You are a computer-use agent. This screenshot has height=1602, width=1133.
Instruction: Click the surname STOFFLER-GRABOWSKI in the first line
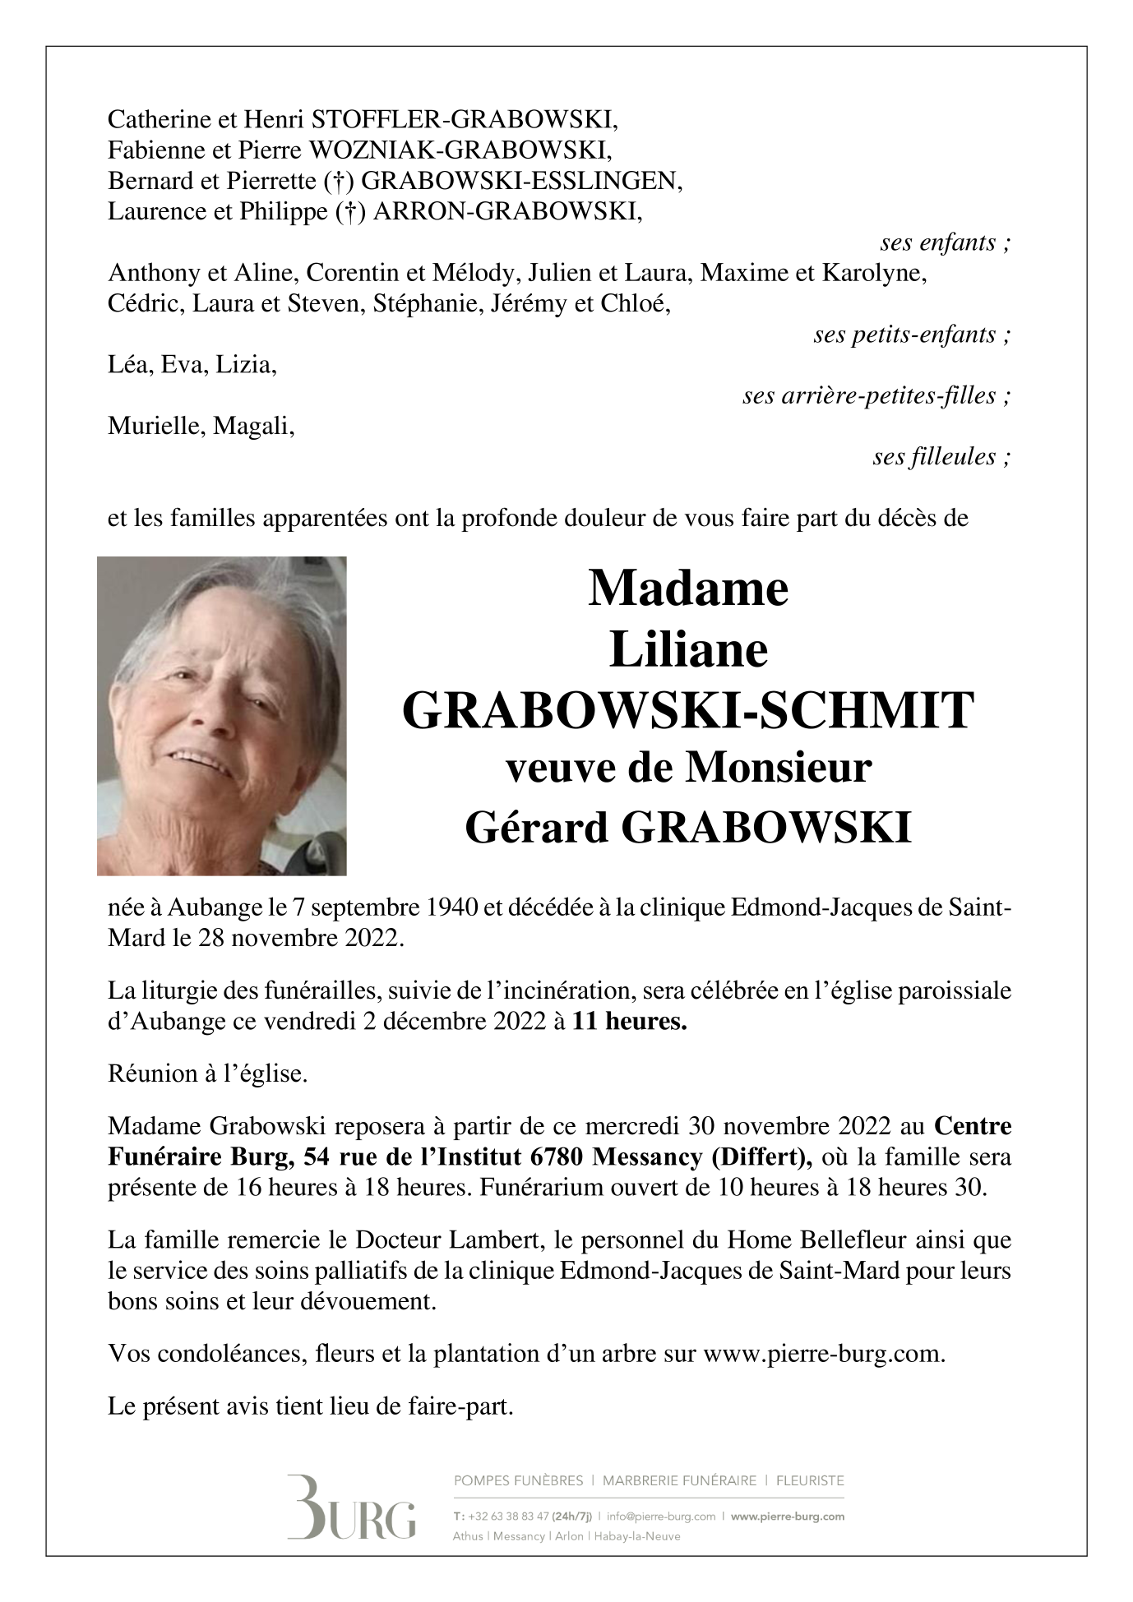465,121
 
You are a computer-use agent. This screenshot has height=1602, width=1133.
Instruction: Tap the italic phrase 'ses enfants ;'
945,243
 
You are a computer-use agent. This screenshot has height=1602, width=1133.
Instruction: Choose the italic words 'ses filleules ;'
941,457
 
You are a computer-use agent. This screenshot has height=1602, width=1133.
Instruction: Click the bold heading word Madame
688,589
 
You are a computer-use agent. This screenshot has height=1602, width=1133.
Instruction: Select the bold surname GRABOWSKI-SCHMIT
688,711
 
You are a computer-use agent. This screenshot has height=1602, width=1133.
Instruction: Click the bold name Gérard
538,829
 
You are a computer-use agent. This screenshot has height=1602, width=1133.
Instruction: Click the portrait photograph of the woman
221,716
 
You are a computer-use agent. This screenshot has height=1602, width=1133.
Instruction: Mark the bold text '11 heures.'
629,1023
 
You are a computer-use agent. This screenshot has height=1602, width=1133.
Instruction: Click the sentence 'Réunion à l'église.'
208,1074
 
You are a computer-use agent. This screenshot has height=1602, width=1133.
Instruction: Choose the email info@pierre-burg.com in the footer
659,1517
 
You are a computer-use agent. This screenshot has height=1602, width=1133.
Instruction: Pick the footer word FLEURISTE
810,1481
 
